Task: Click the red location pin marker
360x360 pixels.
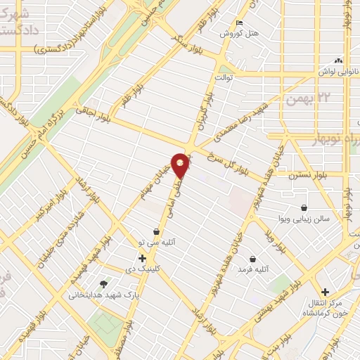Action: click(181, 165)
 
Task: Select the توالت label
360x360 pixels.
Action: click(225, 77)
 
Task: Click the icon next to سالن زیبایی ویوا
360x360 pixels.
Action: click(304, 208)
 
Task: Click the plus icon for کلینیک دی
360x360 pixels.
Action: click(143, 258)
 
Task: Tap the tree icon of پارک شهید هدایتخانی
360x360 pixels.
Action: click(104, 284)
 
